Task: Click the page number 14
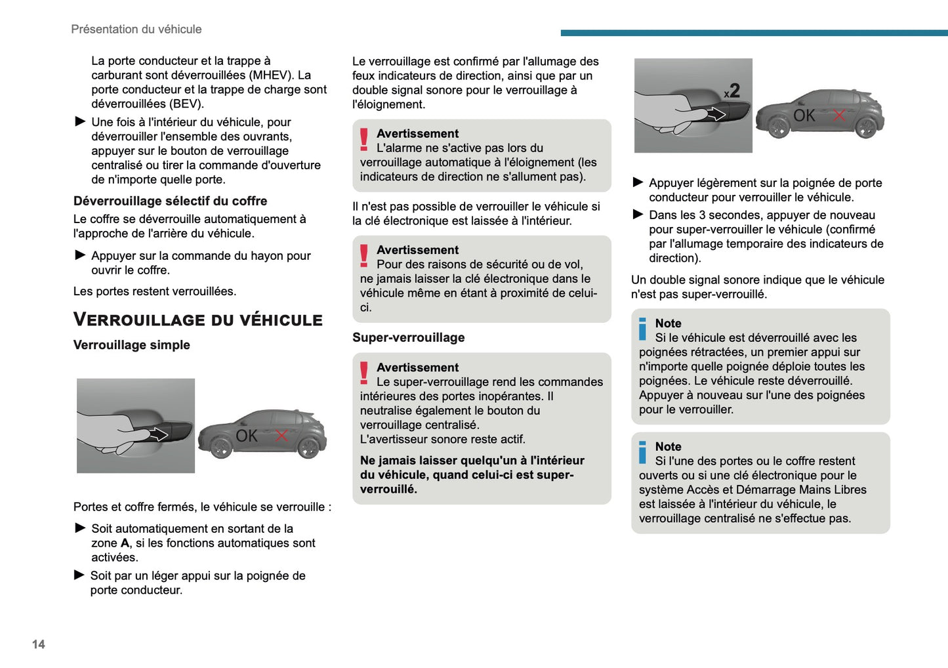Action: tap(39, 644)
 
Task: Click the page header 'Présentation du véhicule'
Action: tap(136, 30)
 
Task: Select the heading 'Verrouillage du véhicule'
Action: tap(197, 320)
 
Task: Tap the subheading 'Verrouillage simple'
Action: tap(131, 345)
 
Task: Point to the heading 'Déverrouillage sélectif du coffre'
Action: tap(170, 201)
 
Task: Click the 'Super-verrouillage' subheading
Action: tap(408, 338)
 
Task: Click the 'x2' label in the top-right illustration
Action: tap(732, 91)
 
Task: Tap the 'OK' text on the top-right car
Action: tap(804, 116)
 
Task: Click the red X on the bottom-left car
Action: tap(281, 436)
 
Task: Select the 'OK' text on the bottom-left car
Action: tap(247, 436)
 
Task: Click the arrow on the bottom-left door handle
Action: tap(159, 434)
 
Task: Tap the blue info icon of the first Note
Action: tap(643, 329)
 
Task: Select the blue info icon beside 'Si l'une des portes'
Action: tap(643, 452)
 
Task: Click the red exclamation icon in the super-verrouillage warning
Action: tap(364, 373)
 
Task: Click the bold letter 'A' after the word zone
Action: tap(125, 543)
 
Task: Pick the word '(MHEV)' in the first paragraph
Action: tap(271, 75)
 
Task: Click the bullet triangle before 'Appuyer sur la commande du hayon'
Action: tap(80, 255)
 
